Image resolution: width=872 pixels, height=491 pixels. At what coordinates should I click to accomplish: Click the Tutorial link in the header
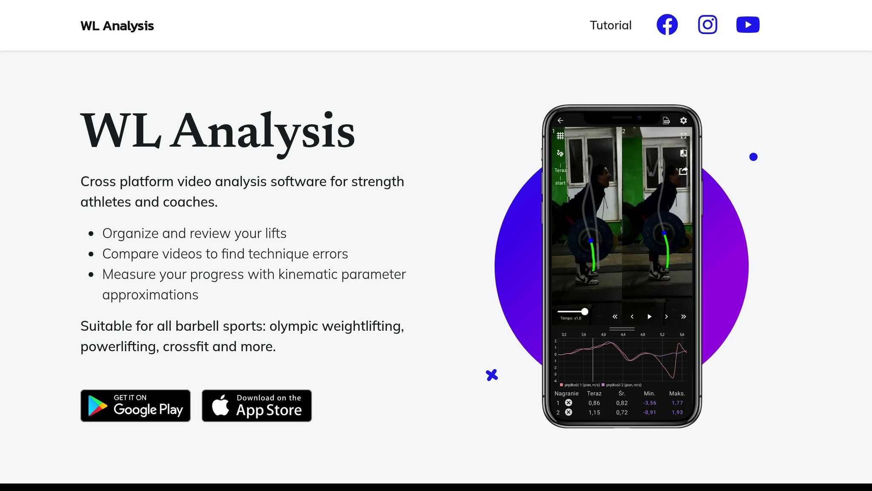610,25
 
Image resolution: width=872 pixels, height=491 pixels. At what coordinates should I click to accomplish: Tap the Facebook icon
667,25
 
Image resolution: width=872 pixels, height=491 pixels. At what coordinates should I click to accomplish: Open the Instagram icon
707,25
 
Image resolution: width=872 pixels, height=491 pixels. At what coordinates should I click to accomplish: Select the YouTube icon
748,25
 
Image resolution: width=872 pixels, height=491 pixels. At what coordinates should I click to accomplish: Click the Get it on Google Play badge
135,405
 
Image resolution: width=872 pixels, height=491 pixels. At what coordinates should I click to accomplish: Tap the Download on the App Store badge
256,405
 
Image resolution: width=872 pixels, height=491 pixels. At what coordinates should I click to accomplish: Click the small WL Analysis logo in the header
117,26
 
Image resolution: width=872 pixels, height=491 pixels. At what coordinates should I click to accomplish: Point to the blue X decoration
491,375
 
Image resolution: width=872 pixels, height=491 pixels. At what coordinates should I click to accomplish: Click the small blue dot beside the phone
753,157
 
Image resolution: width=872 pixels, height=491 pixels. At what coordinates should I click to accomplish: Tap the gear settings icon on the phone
683,121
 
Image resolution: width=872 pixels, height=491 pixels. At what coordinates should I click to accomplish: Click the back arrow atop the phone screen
560,121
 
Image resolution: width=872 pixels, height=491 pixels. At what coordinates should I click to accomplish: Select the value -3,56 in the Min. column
649,403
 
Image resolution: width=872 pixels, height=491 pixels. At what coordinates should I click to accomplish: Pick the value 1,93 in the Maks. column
677,413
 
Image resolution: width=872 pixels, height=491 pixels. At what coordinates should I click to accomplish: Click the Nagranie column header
566,393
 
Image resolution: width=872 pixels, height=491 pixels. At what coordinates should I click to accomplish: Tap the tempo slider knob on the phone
585,312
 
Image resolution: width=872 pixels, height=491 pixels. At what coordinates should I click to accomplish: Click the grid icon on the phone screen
560,136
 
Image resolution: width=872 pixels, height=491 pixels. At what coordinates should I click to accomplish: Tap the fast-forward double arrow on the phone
683,317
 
